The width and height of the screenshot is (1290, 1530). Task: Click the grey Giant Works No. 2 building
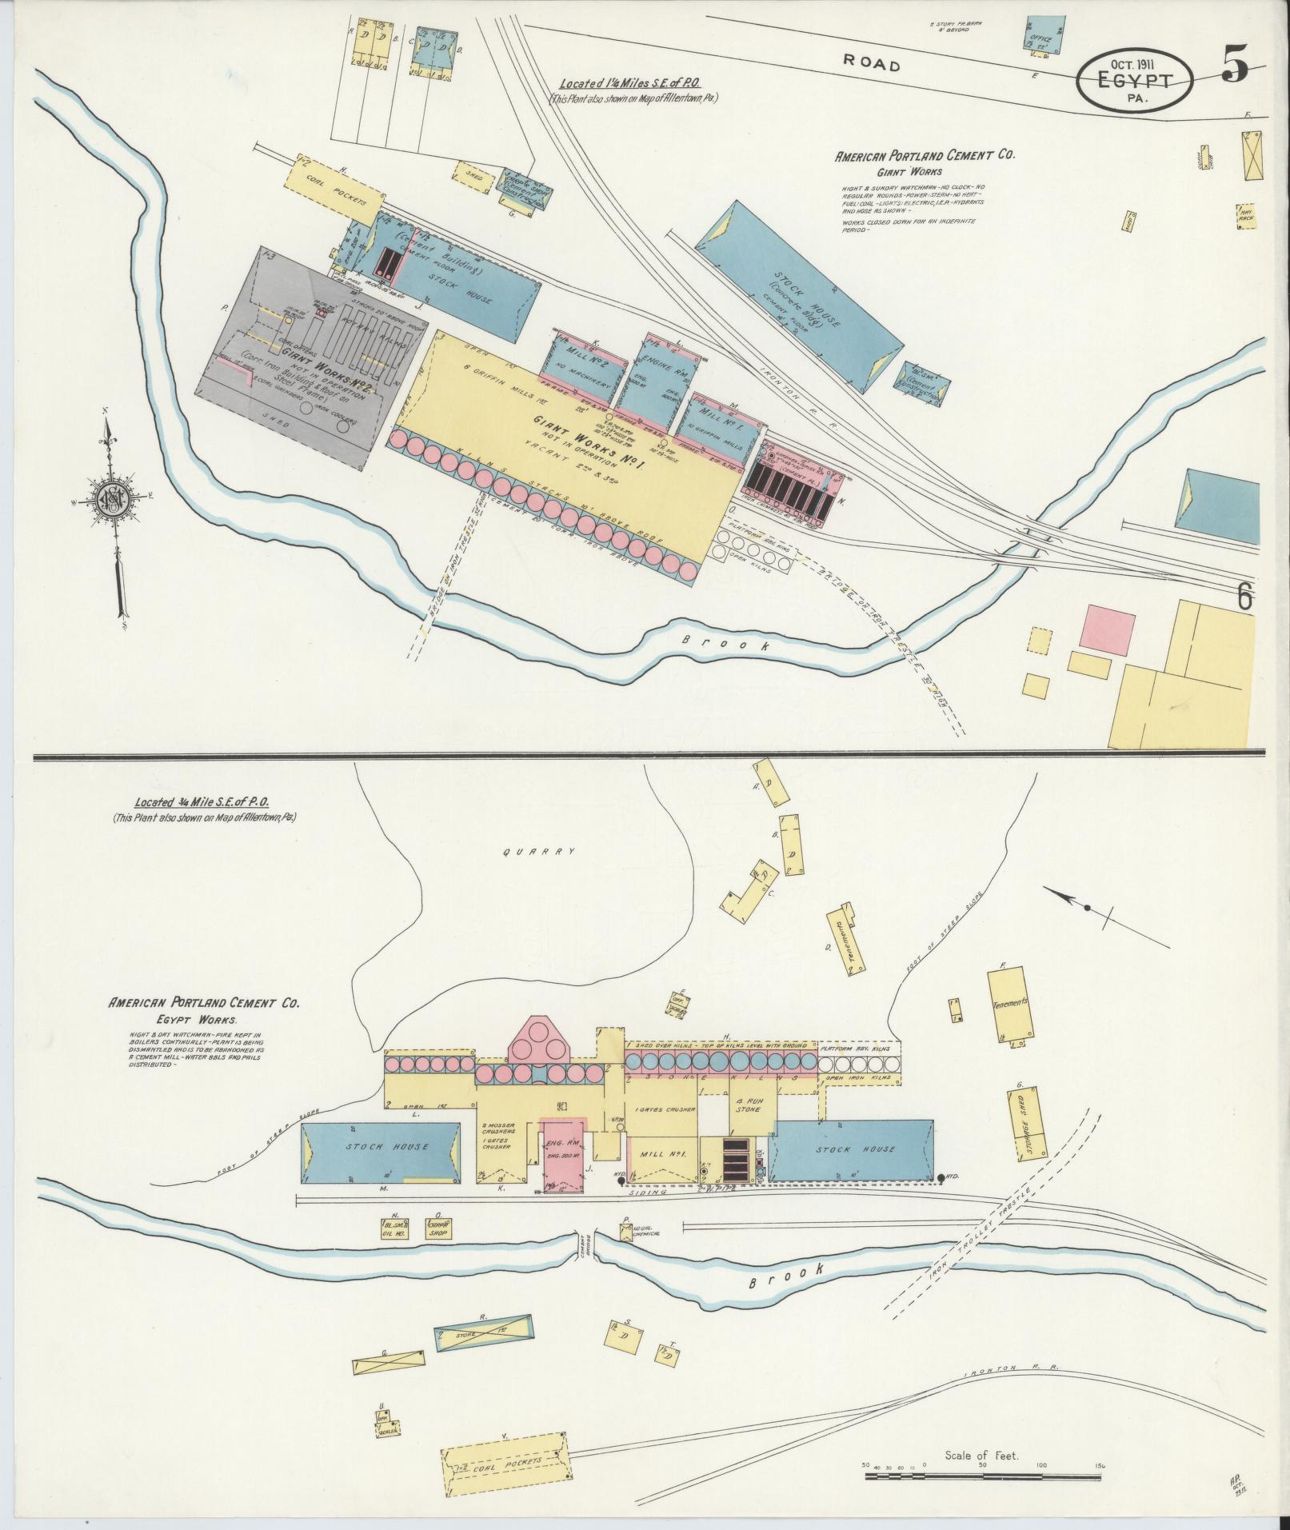320,360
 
